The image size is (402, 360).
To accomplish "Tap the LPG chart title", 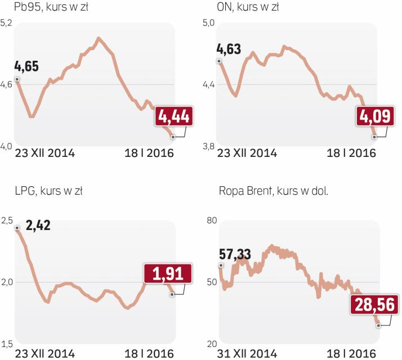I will point(48,191).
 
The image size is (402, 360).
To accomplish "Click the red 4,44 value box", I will point(174,116).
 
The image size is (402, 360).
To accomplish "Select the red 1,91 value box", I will point(167,274).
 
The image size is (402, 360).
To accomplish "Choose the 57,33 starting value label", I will point(239,252).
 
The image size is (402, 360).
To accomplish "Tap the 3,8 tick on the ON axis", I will point(208,147).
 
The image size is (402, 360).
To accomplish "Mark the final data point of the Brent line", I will point(378,325).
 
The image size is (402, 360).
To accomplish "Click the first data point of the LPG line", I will point(17,228).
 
